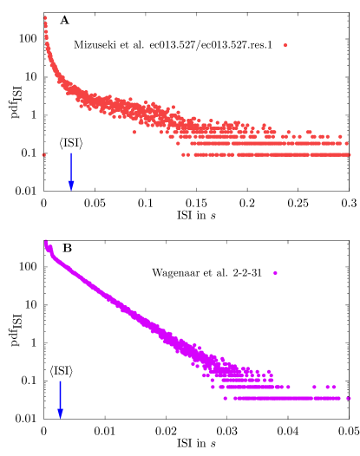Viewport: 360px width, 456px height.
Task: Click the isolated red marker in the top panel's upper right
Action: tap(285, 45)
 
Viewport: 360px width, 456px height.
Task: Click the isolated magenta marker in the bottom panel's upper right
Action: tap(275, 273)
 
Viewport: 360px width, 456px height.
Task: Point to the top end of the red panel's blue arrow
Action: tap(71, 153)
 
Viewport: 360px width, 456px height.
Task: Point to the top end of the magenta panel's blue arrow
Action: tap(60, 381)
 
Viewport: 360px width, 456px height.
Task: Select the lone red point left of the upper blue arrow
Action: tap(43, 154)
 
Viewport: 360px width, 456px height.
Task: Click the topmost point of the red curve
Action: tap(45, 17)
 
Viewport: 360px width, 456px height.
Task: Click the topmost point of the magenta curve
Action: tap(45, 241)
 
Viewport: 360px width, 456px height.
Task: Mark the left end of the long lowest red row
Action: tap(183, 154)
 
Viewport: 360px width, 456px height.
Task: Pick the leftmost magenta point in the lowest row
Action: tap(225, 398)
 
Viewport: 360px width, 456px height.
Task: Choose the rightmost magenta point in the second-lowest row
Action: tap(335, 387)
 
